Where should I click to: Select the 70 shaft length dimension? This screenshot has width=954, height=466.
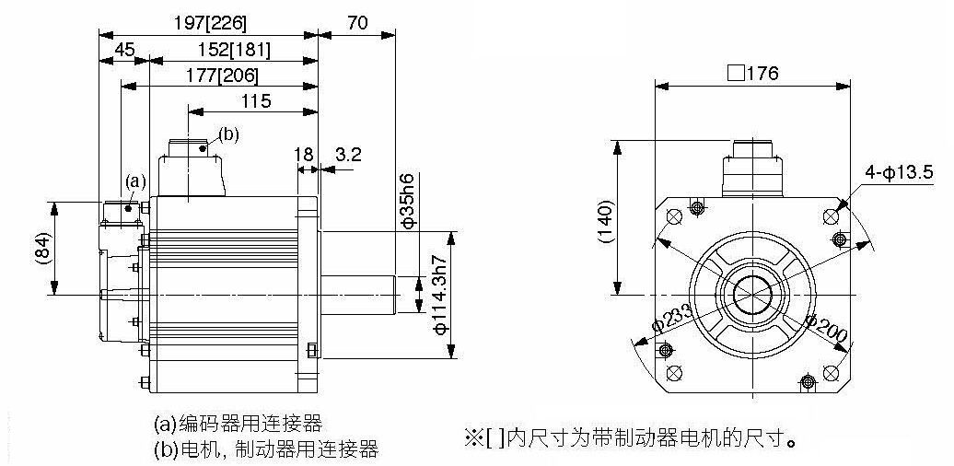coord(357,23)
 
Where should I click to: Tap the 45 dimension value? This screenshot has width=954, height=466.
coord(124,50)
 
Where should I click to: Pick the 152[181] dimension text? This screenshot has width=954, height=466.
coord(234,50)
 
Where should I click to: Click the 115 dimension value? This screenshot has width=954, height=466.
coord(256,101)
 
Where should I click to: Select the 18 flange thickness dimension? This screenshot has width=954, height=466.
coord(304,154)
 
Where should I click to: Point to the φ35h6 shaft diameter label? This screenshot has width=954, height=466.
coord(408,201)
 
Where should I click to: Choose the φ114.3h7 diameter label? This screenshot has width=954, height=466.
coord(441,295)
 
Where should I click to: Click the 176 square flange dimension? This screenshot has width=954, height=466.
coord(752,74)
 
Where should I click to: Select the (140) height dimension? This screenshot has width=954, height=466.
coord(606,221)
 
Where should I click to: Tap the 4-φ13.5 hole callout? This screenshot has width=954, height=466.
coord(899,173)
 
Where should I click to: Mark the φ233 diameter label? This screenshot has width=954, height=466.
coord(671,318)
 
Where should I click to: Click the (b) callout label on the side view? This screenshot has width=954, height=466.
coord(228,135)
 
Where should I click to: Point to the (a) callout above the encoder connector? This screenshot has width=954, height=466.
coord(135,181)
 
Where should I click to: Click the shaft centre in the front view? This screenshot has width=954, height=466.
coord(752,296)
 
